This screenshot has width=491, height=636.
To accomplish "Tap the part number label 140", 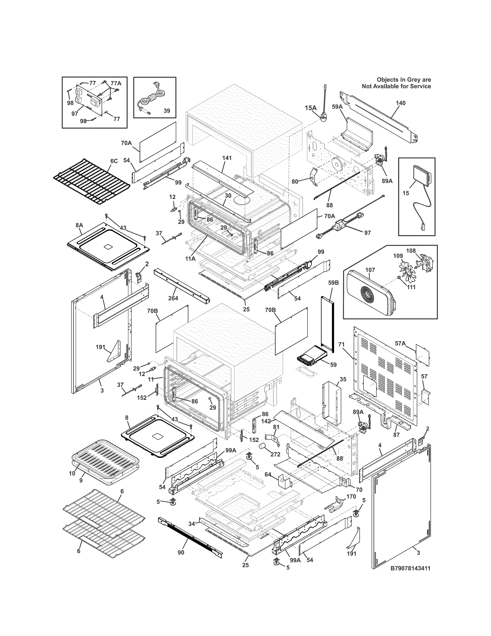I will coord(401,103).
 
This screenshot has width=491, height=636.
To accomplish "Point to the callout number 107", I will coord(370,270).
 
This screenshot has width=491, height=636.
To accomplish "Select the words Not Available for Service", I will coord(396,86).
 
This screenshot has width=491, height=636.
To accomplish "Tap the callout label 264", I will coord(173,298).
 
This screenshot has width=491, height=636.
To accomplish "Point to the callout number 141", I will coord(227,158).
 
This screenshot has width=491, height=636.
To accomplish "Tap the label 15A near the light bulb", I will coord(311,108).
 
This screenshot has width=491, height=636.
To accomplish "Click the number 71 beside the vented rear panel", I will coord(342,345).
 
